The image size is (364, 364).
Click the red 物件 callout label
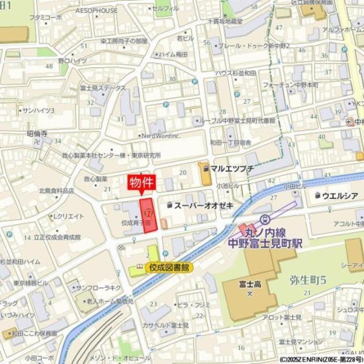140,183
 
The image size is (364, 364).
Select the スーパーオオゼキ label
204,205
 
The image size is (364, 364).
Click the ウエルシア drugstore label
339,196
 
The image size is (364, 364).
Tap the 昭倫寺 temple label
37,134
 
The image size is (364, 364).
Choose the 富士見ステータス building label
102,88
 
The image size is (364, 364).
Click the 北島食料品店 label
56,191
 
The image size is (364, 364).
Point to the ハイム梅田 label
174,55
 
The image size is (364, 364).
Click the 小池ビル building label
227,186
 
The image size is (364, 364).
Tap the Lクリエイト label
68,216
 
